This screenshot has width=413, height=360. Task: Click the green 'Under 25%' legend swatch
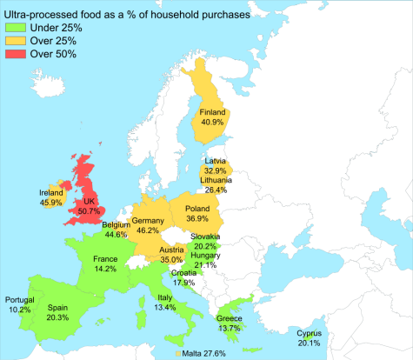click(x=15, y=28)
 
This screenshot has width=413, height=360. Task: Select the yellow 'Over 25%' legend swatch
click(x=15, y=41)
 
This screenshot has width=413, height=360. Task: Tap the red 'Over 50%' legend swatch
click(x=15, y=54)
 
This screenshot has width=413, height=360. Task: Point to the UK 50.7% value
click(x=89, y=210)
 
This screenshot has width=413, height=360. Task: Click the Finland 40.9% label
click(x=213, y=117)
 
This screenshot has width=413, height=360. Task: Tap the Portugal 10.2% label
click(x=20, y=304)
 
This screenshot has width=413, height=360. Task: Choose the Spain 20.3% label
click(x=57, y=312)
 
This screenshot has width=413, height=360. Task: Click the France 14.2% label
click(x=105, y=263)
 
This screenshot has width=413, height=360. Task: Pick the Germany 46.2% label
click(x=148, y=226)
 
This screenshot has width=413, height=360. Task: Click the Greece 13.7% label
click(x=230, y=323)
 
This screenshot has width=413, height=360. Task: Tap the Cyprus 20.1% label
click(x=309, y=338)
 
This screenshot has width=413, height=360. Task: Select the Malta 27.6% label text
click(x=204, y=353)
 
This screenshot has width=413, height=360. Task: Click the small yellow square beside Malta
click(x=177, y=353)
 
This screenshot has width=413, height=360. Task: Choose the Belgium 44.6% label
click(x=117, y=230)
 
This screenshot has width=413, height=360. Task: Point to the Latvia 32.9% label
click(x=215, y=166)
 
